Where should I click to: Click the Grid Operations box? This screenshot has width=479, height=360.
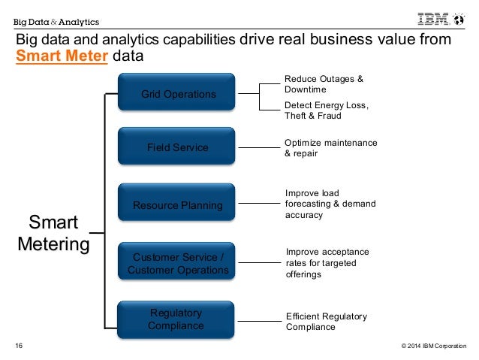point(178,94)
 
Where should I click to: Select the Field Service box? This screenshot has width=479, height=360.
point(178,148)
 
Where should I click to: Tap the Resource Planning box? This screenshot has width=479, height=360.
point(178,204)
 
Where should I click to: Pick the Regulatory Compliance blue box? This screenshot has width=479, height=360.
point(178,319)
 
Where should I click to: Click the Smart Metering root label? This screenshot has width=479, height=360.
point(53,233)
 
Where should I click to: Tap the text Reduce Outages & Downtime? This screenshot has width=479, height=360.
point(324,83)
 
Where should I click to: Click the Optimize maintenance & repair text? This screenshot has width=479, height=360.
point(330,148)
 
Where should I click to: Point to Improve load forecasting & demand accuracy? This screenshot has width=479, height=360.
point(330,204)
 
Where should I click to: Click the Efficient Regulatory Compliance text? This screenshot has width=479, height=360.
point(327,322)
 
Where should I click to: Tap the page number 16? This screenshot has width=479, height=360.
point(20,346)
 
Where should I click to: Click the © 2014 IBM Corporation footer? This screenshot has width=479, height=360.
point(433,346)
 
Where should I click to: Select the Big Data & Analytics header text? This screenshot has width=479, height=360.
point(56,21)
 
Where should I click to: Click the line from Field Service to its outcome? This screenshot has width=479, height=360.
point(258,148)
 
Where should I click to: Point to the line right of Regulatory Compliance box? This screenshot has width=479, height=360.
point(258,321)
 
